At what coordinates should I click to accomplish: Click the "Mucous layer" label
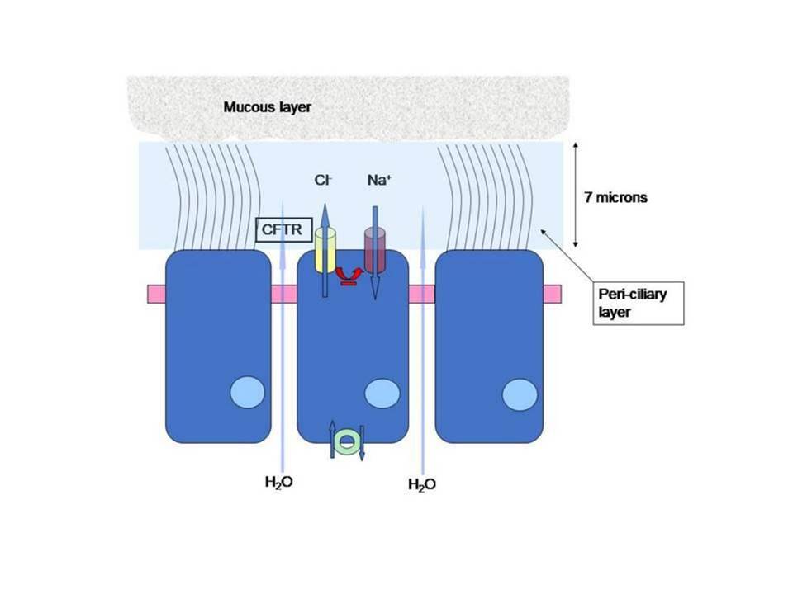tap(267, 107)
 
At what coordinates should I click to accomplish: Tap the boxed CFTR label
tap(283, 230)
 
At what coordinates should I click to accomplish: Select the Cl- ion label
tap(323, 180)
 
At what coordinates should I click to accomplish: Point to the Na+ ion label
tap(379, 180)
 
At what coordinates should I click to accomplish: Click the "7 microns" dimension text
tap(615, 197)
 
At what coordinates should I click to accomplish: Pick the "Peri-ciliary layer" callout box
tap(639, 303)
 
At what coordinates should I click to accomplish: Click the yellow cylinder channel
tap(325, 250)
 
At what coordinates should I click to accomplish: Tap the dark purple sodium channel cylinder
tap(375, 250)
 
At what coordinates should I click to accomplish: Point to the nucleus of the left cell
tap(247, 393)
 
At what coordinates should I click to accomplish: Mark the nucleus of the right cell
tap(520, 394)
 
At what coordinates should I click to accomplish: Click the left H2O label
tap(278, 483)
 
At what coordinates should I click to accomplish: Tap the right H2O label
tap(422, 485)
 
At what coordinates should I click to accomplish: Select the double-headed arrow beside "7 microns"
tap(576, 195)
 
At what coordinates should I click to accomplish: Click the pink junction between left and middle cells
tap(284, 294)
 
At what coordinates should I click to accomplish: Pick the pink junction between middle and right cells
tap(422, 294)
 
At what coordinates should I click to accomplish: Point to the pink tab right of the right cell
tap(553, 294)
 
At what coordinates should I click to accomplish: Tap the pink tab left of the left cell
tap(157, 294)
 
